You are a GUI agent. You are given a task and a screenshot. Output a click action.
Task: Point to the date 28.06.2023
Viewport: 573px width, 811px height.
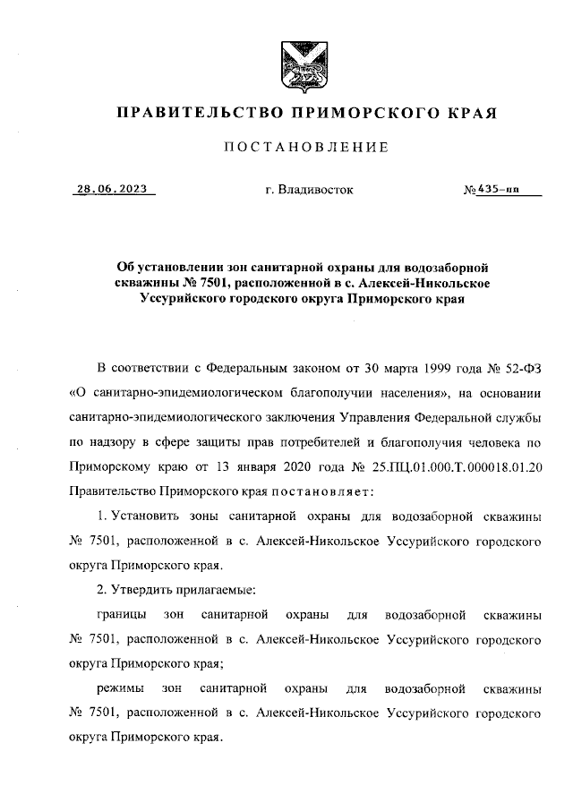(x=111, y=190)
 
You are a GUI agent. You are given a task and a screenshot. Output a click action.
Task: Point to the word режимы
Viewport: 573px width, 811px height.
(x=117, y=689)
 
